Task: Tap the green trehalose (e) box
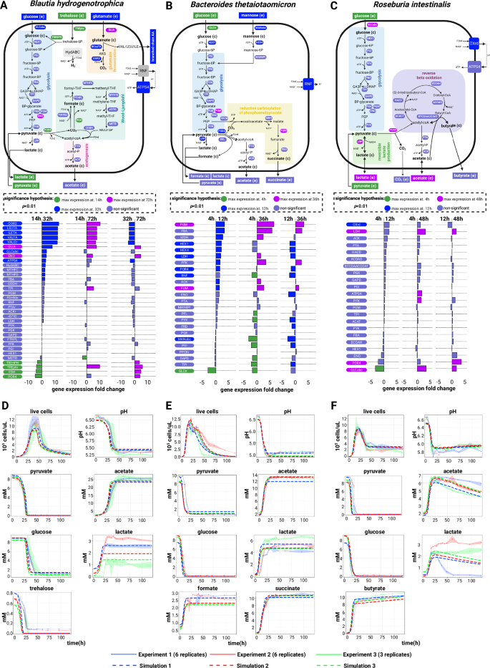[x=70, y=15]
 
